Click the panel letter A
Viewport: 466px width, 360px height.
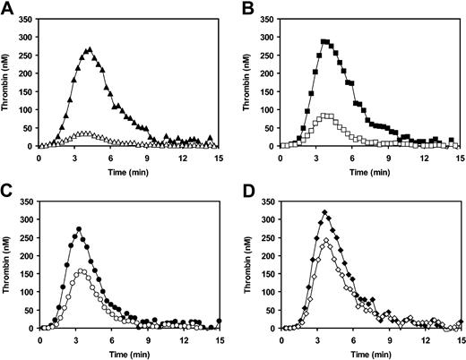coord(7,8)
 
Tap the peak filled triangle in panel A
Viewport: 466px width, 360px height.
coord(89,49)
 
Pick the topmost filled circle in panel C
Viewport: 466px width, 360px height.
coord(79,228)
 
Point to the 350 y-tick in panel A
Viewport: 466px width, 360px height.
coord(25,16)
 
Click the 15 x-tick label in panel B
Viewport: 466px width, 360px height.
coord(456,156)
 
